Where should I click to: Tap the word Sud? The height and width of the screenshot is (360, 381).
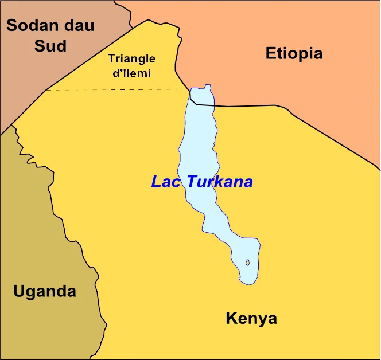point(50,46)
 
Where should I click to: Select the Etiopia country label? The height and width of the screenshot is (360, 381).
point(294,54)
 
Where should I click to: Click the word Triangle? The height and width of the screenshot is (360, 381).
point(131,58)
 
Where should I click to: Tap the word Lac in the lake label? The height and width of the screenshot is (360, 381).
point(166,182)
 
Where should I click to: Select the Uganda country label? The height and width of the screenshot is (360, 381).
point(44,291)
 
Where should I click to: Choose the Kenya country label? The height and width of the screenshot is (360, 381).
point(251,319)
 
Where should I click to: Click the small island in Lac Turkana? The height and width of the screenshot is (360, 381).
point(248,263)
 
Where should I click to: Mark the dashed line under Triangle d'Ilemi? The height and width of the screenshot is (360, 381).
point(115,90)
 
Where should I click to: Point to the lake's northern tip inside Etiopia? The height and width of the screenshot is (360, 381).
point(202,94)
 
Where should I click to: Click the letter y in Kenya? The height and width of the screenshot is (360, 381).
point(259,320)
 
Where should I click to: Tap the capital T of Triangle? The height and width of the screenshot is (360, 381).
point(111,58)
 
